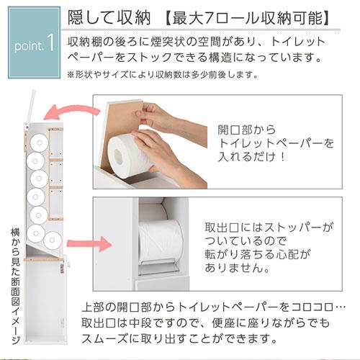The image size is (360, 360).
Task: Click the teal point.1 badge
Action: point(34,42)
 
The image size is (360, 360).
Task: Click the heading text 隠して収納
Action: point(109,18)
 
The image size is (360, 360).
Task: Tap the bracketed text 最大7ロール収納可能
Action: point(247,18)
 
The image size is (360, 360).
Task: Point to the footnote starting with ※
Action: point(163,75)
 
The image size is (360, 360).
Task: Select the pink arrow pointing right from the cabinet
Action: point(89,243)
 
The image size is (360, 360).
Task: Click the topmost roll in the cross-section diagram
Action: point(40,143)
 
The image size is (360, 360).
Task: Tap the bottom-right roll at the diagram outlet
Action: point(53,240)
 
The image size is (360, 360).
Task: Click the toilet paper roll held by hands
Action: point(131,157)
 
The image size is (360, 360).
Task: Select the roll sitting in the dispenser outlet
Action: point(161,240)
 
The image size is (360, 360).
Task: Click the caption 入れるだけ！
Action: point(251,157)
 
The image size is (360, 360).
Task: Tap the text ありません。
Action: point(237,268)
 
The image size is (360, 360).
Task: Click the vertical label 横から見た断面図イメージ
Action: point(15,286)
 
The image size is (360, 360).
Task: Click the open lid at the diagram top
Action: point(31,106)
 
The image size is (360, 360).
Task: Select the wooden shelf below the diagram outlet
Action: point(44,259)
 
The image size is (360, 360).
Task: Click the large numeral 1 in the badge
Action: point(50,42)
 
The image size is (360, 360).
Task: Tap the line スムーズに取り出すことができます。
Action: point(179,338)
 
